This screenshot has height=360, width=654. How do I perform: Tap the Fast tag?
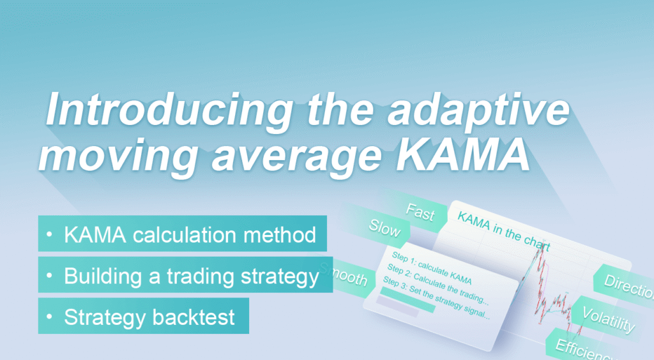(x=420, y=213)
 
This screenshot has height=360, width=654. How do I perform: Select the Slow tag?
(x=384, y=229)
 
